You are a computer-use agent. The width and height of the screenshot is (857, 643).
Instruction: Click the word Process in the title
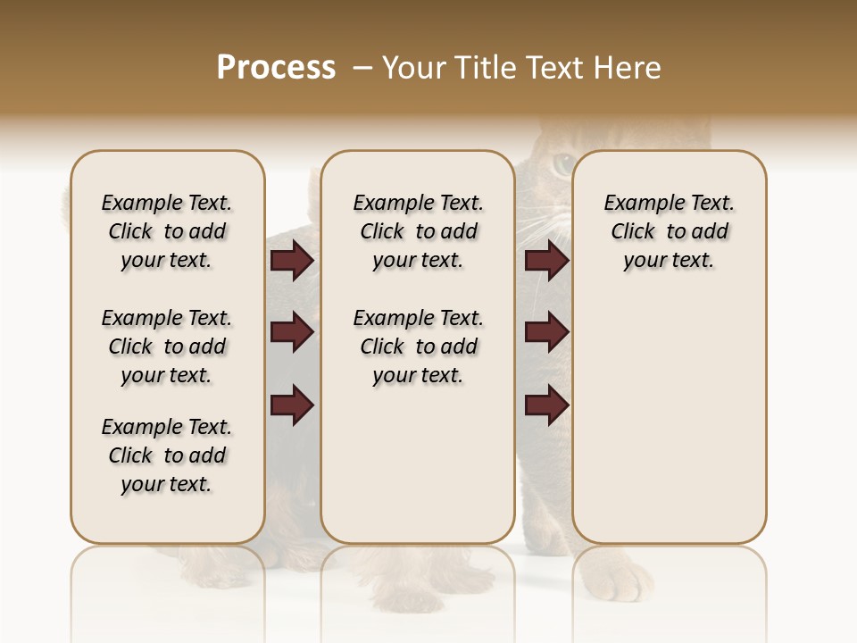276,68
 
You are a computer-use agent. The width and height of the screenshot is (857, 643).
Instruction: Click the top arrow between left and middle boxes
292,261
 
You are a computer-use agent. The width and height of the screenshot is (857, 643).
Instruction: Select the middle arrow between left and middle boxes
292,332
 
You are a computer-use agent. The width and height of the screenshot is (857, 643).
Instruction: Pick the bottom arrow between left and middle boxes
292,405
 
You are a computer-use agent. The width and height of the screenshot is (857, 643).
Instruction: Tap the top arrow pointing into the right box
546,261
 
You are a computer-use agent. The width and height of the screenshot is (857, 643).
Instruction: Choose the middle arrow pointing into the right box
546,332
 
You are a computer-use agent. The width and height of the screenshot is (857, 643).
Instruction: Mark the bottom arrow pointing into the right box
546,405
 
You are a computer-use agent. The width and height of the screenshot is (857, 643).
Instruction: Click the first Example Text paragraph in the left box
167,231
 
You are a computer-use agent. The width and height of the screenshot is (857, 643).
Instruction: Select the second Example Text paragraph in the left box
167,347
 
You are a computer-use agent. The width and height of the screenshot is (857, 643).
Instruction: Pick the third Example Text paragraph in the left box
167,455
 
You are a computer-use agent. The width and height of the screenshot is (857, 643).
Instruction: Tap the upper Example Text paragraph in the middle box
418,231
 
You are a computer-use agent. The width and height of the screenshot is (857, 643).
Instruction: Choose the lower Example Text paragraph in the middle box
418,347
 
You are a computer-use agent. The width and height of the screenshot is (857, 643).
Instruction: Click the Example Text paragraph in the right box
670,231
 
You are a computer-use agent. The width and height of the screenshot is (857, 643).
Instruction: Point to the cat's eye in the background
562,163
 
